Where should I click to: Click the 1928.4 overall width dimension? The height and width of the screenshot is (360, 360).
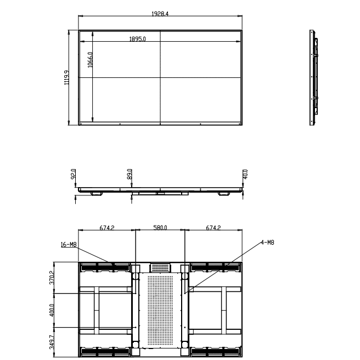[160, 13]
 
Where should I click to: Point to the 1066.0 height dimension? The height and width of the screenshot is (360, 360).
[90, 59]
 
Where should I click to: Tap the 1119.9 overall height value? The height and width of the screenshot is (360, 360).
[66, 78]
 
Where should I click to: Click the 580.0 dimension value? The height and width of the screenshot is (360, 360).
[160, 227]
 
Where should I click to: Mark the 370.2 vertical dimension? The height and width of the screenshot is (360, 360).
[52, 278]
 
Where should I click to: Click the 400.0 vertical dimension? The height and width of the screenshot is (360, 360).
[52, 311]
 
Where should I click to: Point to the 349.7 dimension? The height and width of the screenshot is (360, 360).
[52, 341]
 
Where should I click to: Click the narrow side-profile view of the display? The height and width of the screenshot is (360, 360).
[314, 78]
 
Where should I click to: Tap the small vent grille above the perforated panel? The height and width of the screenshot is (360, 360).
[160, 267]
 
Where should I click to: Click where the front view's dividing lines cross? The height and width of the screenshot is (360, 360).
[160, 78]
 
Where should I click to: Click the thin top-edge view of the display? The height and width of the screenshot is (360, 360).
[160, 191]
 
